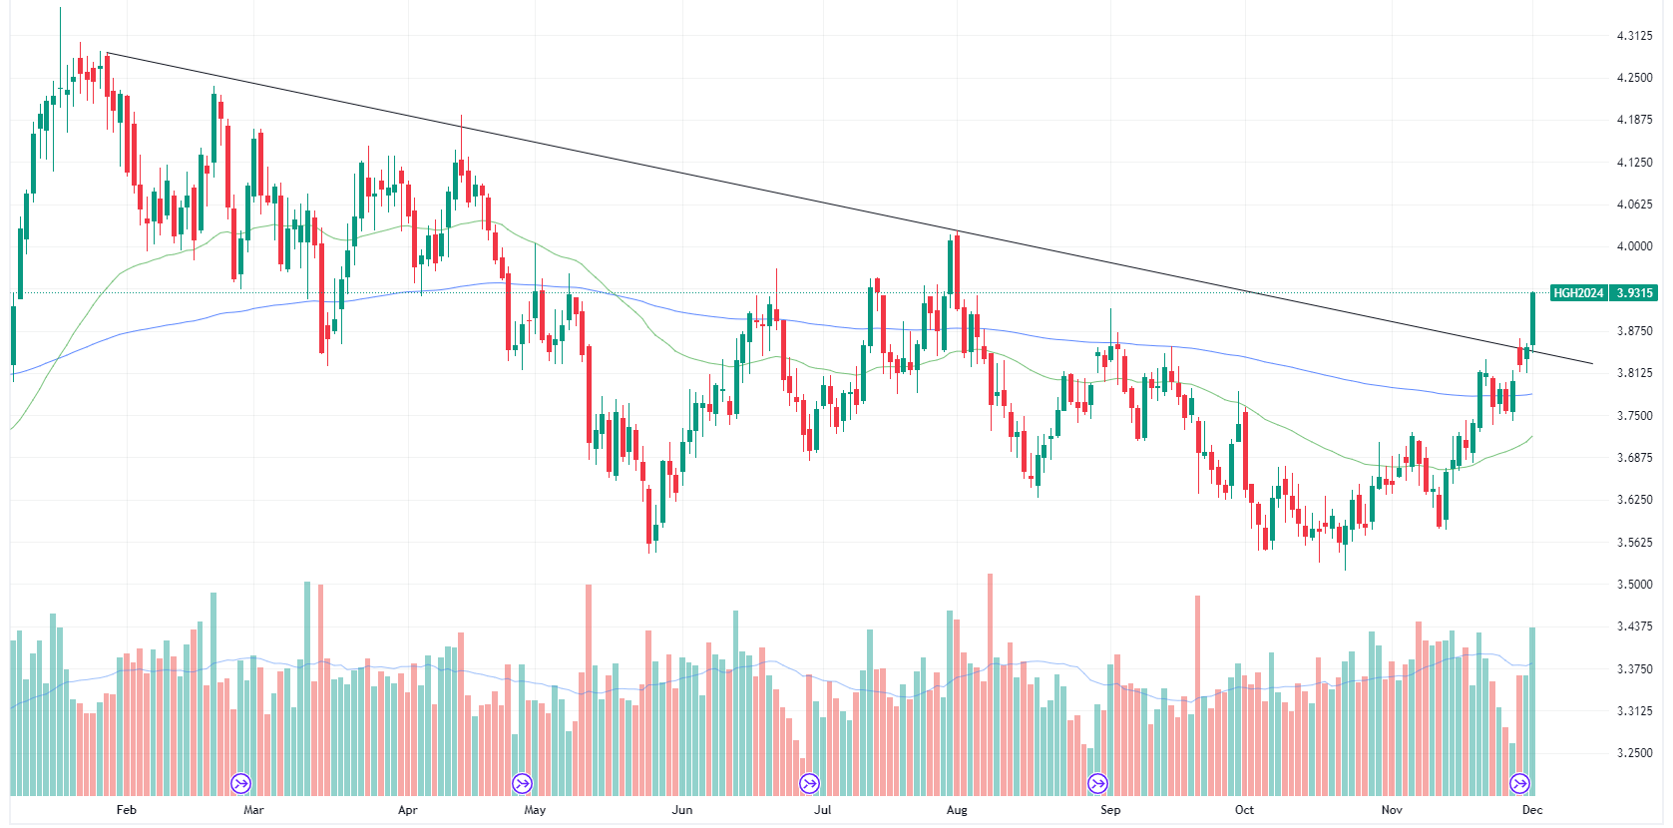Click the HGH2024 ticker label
1578,293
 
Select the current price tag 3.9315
1634,293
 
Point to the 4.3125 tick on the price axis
1634,36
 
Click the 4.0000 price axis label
1634,246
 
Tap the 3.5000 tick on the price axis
1634,585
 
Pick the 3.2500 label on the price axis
1634,753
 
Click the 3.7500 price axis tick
1634,416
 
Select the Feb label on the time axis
126,810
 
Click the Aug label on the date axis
957,810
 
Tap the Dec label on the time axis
1532,810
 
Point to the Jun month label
682,810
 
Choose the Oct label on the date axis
1244,810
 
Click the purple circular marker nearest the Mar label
240,783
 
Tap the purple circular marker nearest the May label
522,783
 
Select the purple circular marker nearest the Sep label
1097,783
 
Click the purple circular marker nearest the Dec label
1519,783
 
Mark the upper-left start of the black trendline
107,52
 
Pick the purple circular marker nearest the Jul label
809,783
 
